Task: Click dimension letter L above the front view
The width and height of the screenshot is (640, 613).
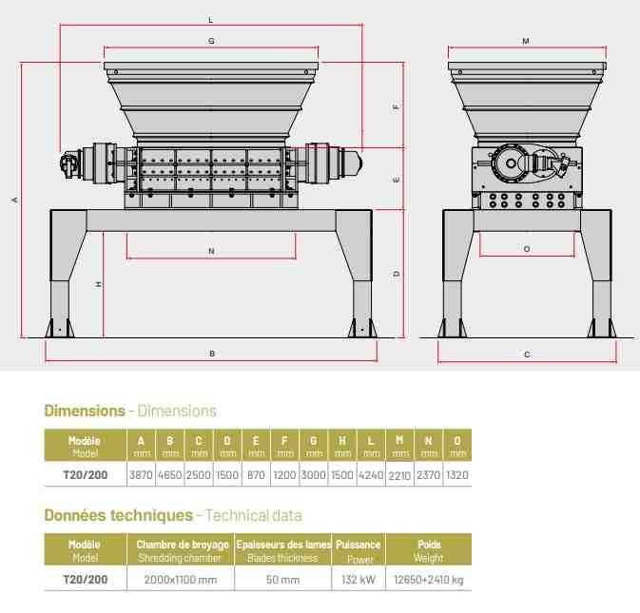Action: point(210,20)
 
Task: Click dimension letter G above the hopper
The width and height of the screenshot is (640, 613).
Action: point(211,41)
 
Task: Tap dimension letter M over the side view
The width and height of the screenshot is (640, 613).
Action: point(526,41)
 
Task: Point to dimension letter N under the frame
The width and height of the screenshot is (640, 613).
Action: point(211,251)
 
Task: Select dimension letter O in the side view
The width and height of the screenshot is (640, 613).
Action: point(527,249)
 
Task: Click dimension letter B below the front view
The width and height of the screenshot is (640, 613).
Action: point(212,354)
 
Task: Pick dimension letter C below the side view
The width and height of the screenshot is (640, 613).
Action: point(527,354)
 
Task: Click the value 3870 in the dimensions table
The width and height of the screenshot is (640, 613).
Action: point(141,475)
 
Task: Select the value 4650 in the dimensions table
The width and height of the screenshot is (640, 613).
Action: point(170,475)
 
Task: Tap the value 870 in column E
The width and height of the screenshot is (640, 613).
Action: point(256,475)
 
